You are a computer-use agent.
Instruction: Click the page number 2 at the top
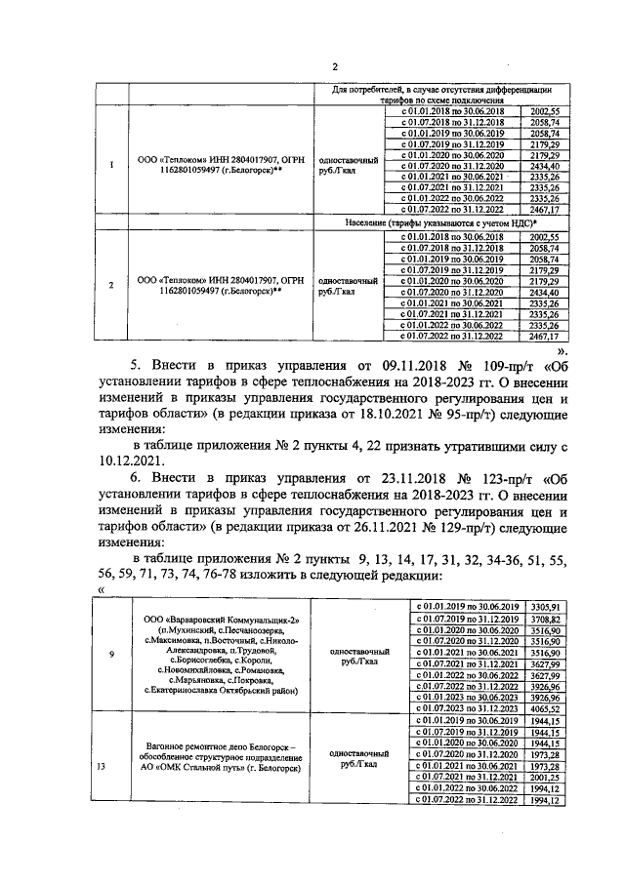pos(334,67)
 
